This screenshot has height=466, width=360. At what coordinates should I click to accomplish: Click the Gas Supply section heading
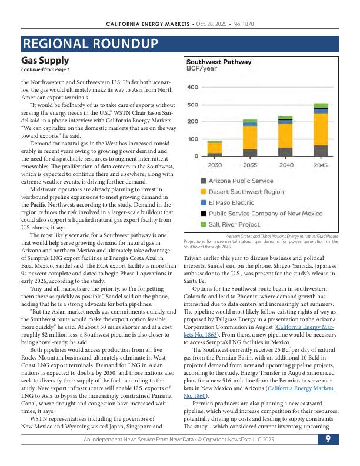pyautogui.click(x=45, y=60)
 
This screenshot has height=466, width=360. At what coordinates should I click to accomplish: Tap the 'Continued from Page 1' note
pyautogui.click(x=45, y=70)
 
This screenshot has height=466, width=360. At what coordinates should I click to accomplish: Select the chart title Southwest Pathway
pyautogui.click(x=219, y=62)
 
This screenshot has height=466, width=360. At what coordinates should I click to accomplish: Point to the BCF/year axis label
pyautogui.click(x=202, y=69)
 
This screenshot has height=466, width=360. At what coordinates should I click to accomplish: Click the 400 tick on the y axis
pyautogui.click(x=192, y=87)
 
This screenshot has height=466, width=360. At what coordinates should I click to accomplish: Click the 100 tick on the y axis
pyautogui.click(x=192, y=139)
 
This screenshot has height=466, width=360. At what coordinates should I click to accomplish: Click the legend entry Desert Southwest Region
pyautogui.click(x=242, y=192)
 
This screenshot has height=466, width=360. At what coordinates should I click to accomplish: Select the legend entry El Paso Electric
pyautogui.click(x=227, y=202)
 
